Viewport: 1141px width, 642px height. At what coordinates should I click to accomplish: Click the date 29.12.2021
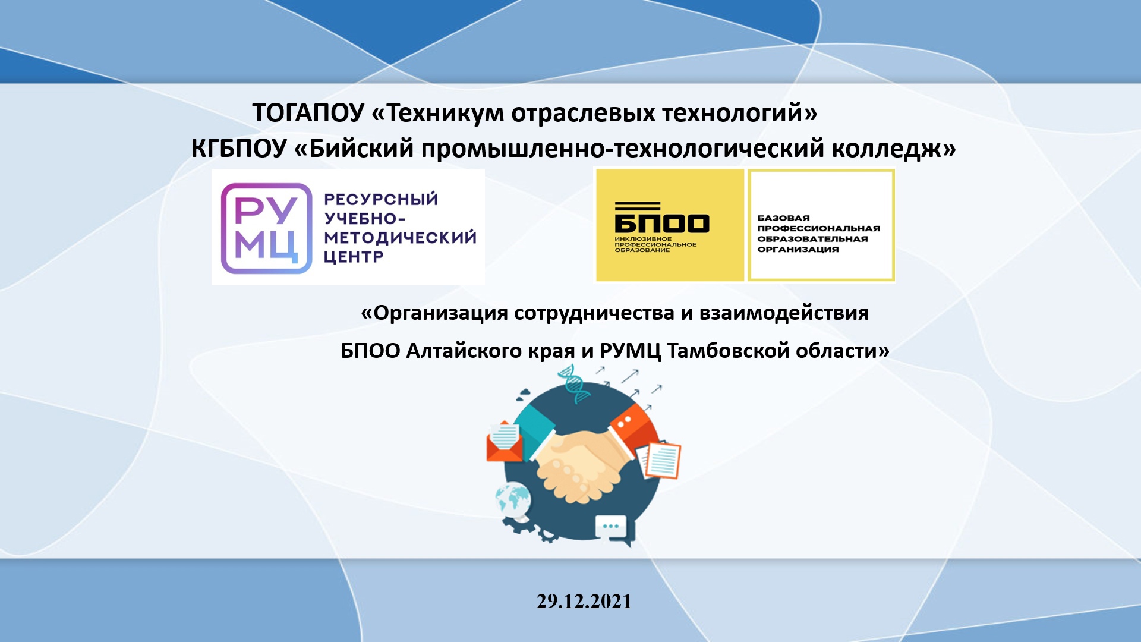[584, 602]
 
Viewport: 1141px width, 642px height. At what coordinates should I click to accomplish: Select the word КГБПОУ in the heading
[239, 149]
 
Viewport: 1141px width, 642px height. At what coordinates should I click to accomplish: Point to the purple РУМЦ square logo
[267, 228]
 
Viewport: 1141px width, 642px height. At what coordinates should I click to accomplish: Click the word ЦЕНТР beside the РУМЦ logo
[354, 257]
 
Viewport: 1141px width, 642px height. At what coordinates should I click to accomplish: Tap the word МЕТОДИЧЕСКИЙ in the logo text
[400, 237]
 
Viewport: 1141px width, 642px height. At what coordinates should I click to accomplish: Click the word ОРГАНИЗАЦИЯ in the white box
[798, 250]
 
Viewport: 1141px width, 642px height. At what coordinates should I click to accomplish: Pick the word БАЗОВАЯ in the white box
[783, 218]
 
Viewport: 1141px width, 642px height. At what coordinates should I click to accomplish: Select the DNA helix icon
[574, 383]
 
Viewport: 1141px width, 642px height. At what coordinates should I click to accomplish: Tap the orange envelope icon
[504, 441]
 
